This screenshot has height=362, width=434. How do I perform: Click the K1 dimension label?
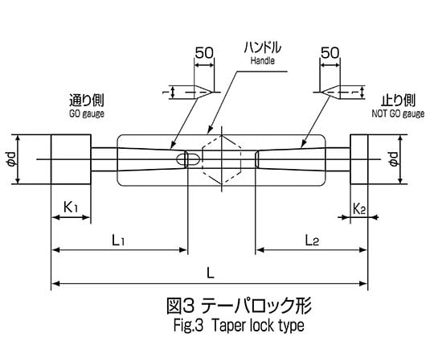[x=71, y=208]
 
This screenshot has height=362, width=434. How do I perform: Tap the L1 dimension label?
[x=118, y=241]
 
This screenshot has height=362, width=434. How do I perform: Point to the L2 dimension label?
[x=312, y=241]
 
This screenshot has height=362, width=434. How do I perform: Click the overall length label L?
[x=211, y=274]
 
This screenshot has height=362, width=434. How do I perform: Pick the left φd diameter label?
[x=12, y=159]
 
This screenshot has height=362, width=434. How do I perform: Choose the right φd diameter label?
[x=394, y=159]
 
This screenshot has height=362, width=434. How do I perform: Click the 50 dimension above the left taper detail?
[x=204, y=52]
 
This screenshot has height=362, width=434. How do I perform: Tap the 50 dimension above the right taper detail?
[x=330, y=52]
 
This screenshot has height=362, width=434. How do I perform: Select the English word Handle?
[x=262, y=60]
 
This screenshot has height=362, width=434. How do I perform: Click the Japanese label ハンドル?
[x=262, y=47]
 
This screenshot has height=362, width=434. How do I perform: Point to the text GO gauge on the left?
[x=87, y=114]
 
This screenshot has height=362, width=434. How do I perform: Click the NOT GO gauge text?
[x=398, y=113]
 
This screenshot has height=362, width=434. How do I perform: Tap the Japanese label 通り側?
[x=87, y=101]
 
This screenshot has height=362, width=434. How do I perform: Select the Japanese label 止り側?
[x=399, y=101]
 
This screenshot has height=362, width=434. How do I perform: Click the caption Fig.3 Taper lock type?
[x=239, y=325]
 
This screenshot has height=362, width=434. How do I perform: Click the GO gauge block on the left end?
[x=71, y=159]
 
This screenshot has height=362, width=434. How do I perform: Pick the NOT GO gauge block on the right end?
[x=359, y=159]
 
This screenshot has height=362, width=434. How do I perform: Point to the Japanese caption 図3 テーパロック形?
[x=240, y=306]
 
